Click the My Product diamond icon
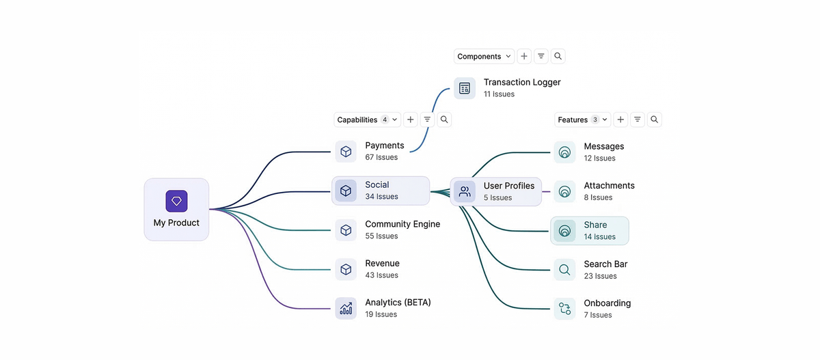coord(176,201)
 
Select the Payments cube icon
coord(346,152)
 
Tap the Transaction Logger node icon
coord(465,88)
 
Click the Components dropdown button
coord(484,57)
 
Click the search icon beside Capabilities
coord(444,120)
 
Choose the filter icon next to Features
coord(638,120)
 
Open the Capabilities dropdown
coord(367,120)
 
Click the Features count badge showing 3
coord(595,120)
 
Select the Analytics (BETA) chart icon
coord(346,308)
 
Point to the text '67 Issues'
coord(381,158)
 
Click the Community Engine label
coord(402,224)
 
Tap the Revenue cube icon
coord(346,269)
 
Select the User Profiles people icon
coord(465,191)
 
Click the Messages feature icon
coord(564,152)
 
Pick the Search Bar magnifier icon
coord(564,270)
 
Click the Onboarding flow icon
coord(564,309)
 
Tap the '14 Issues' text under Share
coord(599,237)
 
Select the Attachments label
coord(609,186)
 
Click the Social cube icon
coord(346,191)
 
